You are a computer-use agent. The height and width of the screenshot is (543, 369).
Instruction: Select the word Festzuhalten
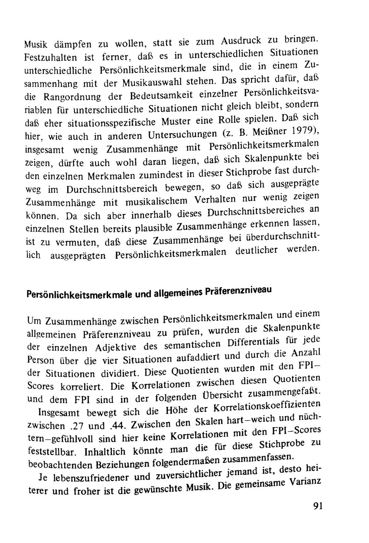pyautogui.click(x=48, y=58)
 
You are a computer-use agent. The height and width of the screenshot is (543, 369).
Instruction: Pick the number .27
pyautogui.click(x=77, y=426)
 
